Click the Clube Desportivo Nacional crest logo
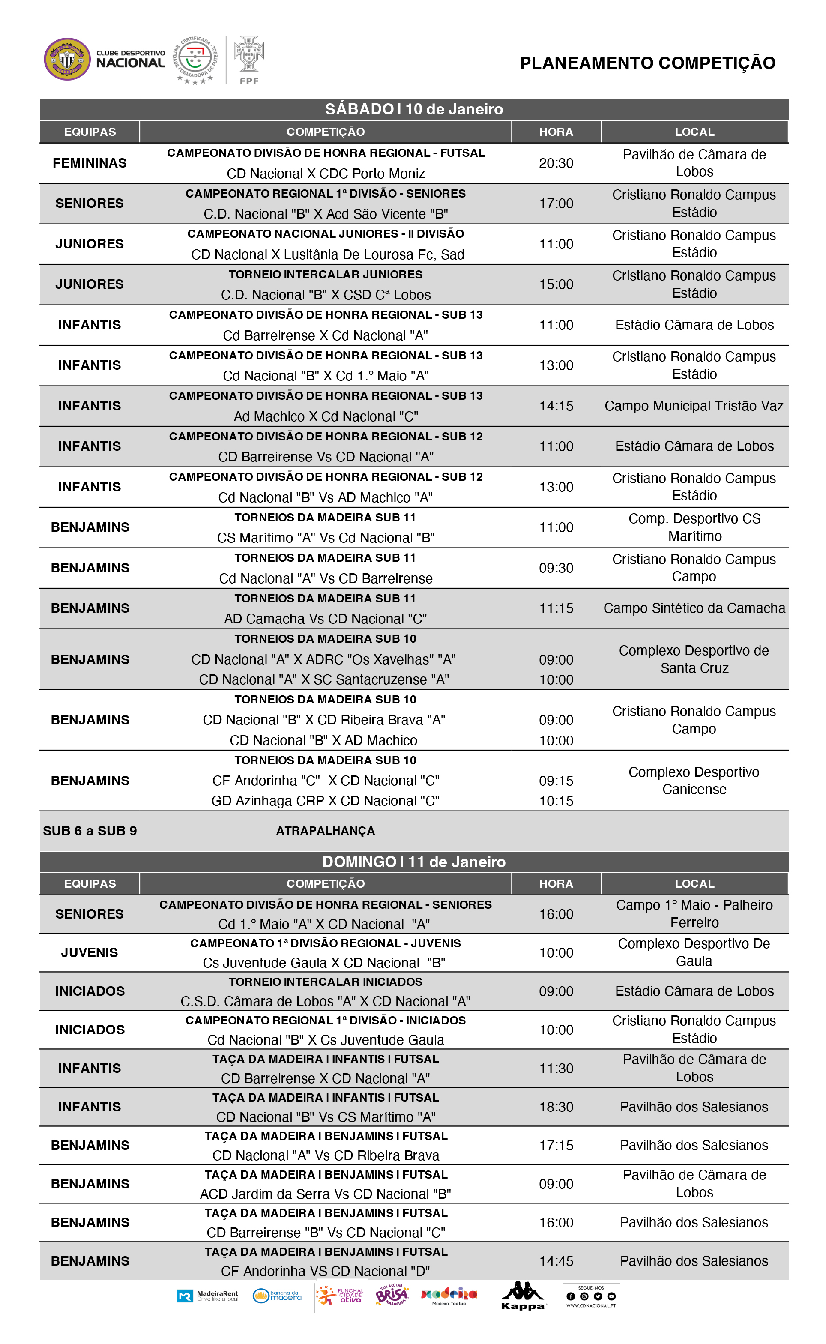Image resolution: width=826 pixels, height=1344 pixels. pos(67,59)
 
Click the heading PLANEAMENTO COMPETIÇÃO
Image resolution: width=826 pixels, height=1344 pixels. pos(647,63)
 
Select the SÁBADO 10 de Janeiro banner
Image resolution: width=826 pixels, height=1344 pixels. pos(413,109)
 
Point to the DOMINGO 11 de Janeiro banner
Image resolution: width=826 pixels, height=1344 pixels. pos(413,862)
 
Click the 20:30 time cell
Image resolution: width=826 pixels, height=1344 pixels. pos(556,163)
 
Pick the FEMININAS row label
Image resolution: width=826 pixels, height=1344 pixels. pos(90,163)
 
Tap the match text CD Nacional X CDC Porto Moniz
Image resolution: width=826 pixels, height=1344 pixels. pos(326,174)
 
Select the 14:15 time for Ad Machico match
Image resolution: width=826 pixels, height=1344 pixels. pos(556,406)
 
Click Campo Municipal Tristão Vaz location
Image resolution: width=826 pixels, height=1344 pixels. pos(694,406)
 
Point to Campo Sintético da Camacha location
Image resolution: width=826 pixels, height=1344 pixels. pos(694,608)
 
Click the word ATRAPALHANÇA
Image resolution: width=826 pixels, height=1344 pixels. pos(326,831)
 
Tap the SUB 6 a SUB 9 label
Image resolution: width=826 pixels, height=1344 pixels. pos(90,831)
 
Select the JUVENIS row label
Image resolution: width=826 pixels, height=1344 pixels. pos(90,953)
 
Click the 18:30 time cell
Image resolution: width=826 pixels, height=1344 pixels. pos(556,1107)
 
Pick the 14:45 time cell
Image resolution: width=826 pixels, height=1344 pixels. pos(556,1261)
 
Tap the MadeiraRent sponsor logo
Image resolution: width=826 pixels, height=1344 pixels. pos(208,1296)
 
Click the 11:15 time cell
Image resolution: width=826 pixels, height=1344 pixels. pos(556,608)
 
